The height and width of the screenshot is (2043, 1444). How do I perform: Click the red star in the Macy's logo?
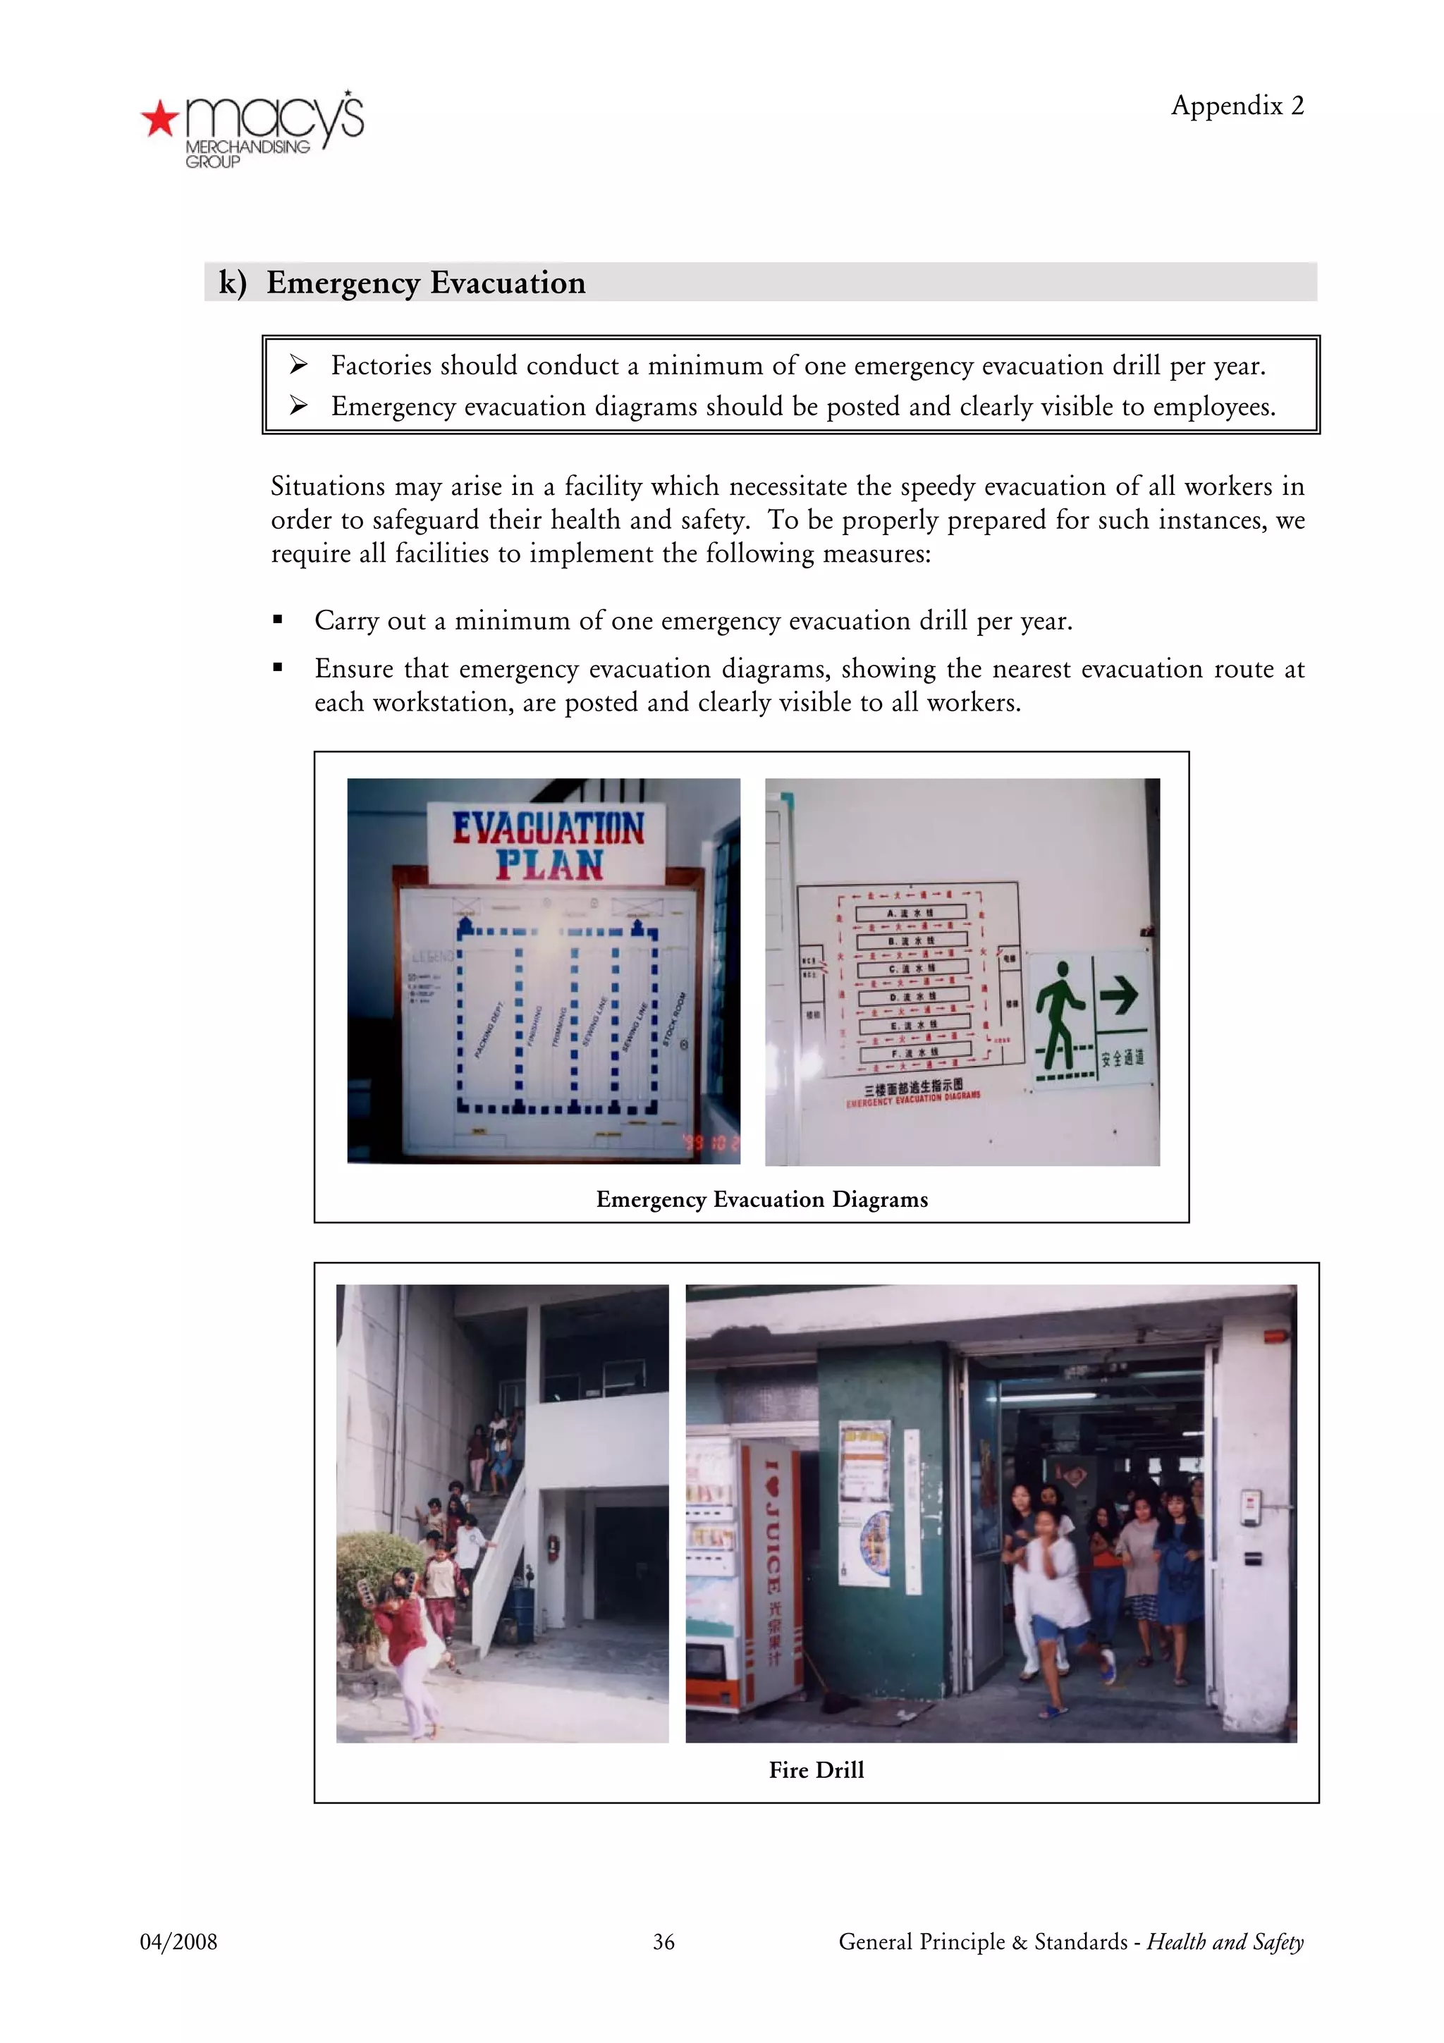pos(160,119)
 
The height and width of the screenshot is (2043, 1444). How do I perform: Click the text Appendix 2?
pos(1237,106)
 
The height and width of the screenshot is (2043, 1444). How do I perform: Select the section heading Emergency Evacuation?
pos(425,283)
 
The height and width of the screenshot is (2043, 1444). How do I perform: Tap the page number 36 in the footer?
pos(663,1941)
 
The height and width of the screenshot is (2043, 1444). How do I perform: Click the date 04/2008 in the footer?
pos(178,1941)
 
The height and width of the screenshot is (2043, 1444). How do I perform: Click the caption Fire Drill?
pos(816,1770)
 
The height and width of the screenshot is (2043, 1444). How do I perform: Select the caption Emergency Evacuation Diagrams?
pos(761,1199)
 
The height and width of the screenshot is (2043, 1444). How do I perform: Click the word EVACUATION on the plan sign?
pos(548,828)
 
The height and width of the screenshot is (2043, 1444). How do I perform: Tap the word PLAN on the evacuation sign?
pos(549,865)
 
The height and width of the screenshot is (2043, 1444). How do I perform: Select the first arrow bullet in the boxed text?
pos(299,365)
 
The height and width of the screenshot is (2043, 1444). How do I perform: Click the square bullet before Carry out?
pos(278,620)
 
